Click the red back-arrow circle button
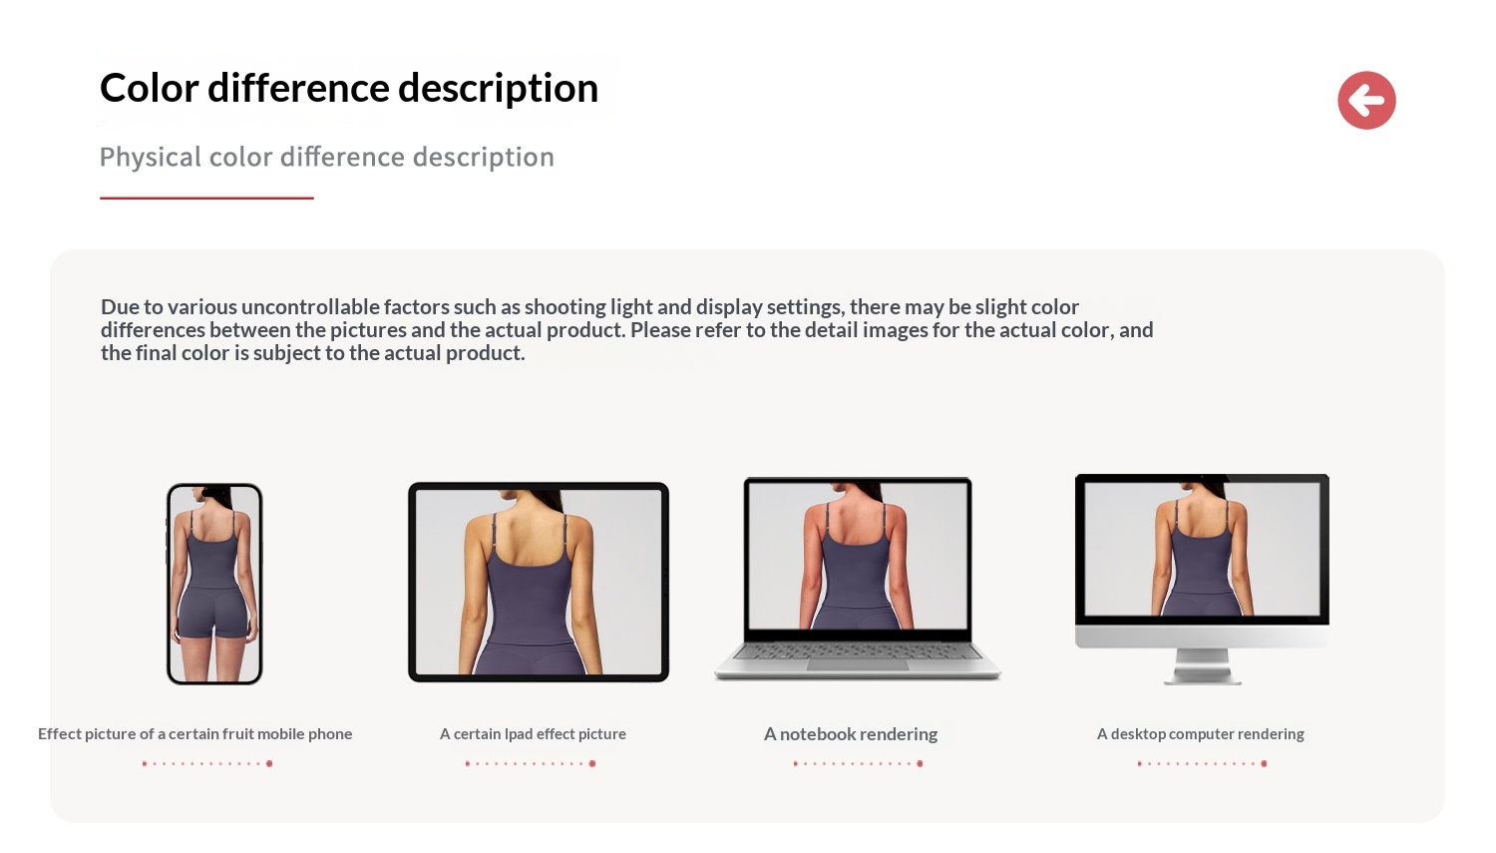pyautogui.click(x=1366, y=100)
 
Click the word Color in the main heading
pyautogui.click(x=149, y=88)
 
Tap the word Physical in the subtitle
pyautogui.click(x=151, y=158)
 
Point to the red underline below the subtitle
pyautogui.click(x=206, y=198)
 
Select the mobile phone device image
pyautogui.click(x=214, y=584)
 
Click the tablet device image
pyautogui.click(x=539, y=582)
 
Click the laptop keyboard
pyautogui.click(x=858, y=651)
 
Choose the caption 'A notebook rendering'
pyautogui.click(x=850, y=734)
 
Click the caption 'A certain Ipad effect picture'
pyautogui.click(x=533, y=734)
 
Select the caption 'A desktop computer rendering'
pyautogui.click(x=1200, y=734)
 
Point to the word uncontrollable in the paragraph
pyautogui.click(x=310, y=307)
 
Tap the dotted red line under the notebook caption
pyautogui.click(x=858, y=763)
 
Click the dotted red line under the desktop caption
pyautogui.click(x=1202, y=763)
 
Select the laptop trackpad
pyautogui.click(x=858, y=665)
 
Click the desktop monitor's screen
pyautogui.click(x=1202, y=549)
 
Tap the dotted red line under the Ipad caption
pyautogui.click(x=531, y=763)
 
